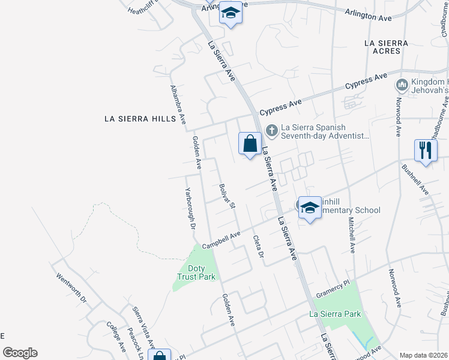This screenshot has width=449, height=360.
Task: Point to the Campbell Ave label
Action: (221, 240)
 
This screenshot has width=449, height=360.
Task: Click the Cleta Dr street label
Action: (259, 246)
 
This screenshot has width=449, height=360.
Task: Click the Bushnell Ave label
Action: (415, 180)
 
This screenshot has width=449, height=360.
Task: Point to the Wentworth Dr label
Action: (71, 288)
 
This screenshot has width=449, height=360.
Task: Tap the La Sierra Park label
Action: (335, 314)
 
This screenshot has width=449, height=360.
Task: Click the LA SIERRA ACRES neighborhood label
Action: (386, 47)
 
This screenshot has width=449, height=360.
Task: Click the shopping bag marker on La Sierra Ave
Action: (250, 144)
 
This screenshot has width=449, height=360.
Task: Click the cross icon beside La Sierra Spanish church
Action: (271, 129)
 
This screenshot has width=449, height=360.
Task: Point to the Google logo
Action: (20, 353)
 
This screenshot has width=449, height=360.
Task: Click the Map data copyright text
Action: (424, 355)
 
